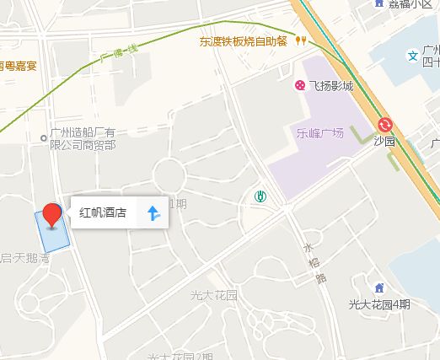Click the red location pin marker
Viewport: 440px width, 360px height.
52,214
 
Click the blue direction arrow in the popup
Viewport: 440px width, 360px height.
153,213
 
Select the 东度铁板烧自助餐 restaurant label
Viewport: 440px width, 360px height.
244,40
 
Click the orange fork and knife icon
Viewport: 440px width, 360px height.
301,40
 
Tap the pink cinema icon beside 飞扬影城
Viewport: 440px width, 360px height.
299,84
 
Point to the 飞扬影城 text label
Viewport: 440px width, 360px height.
331,84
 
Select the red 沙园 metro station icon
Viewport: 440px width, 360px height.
386,124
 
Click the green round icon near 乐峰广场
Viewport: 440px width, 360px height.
262,197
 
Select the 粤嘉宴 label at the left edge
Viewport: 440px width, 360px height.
19,63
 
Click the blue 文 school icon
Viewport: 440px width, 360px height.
413,56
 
